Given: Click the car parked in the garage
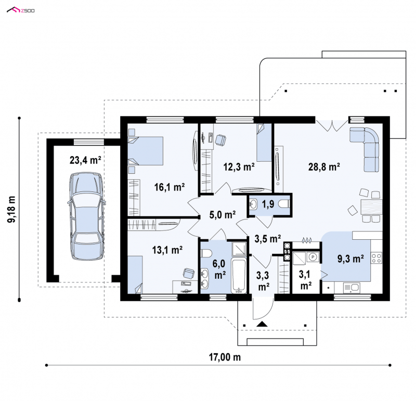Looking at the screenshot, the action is coord(86,216).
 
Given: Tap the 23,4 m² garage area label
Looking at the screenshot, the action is coord(85,160).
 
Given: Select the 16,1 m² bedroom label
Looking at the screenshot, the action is coord(170,187).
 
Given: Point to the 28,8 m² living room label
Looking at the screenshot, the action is coord(324,166).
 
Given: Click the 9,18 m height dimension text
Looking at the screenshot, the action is coord(11,209).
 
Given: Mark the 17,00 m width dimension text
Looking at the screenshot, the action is coord(225,357).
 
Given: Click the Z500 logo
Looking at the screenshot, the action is coord(21,10).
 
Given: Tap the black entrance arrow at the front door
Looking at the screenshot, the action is coord(262,324).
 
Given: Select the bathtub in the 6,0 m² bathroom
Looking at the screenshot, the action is coord(239,275).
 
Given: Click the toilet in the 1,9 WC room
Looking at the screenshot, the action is coord(284,204).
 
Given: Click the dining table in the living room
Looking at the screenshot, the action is coord(371,206).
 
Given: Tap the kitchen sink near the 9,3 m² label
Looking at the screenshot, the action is coord(352,288).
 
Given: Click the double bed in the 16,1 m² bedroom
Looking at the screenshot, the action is coord(145,151).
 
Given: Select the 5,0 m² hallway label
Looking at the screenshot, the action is coord(223,214).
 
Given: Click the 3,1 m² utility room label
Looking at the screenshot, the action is coord(306,280).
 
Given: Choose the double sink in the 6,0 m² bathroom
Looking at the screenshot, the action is coord(205,278).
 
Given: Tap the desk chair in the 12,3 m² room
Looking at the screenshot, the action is coord(220,139).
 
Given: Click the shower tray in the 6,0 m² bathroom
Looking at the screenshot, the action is coord(239,249).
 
